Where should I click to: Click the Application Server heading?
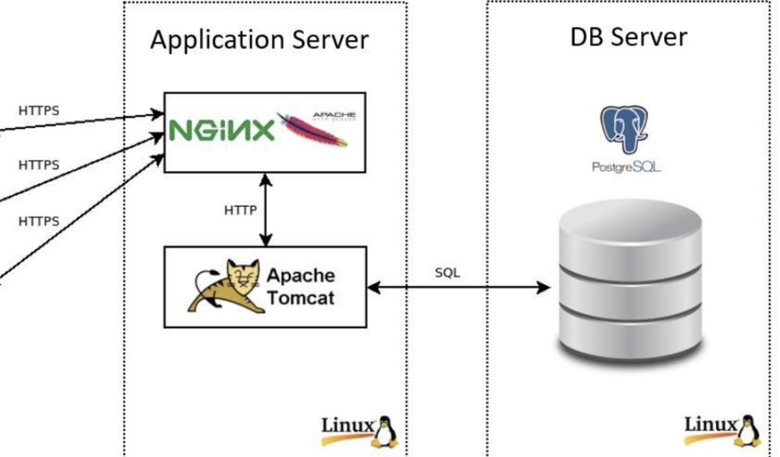[259, 41]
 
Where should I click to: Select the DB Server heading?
[628, 37]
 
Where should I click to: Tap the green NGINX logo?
[223, 130]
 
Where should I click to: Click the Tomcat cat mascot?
[224, 286]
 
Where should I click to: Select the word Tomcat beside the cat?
[300, 297]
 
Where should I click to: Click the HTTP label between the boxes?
[241, 210]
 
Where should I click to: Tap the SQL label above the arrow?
[447, 273]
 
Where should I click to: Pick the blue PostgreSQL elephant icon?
[625, 130]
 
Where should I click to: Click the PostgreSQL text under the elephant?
[626, 166]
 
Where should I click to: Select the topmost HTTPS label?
[39, 110]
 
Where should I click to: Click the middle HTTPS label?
[39, 165]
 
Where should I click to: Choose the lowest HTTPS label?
[39, 221]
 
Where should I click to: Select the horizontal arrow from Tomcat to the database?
[459, 288]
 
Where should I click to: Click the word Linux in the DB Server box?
[710, 426]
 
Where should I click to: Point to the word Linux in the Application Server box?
[347, 426]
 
